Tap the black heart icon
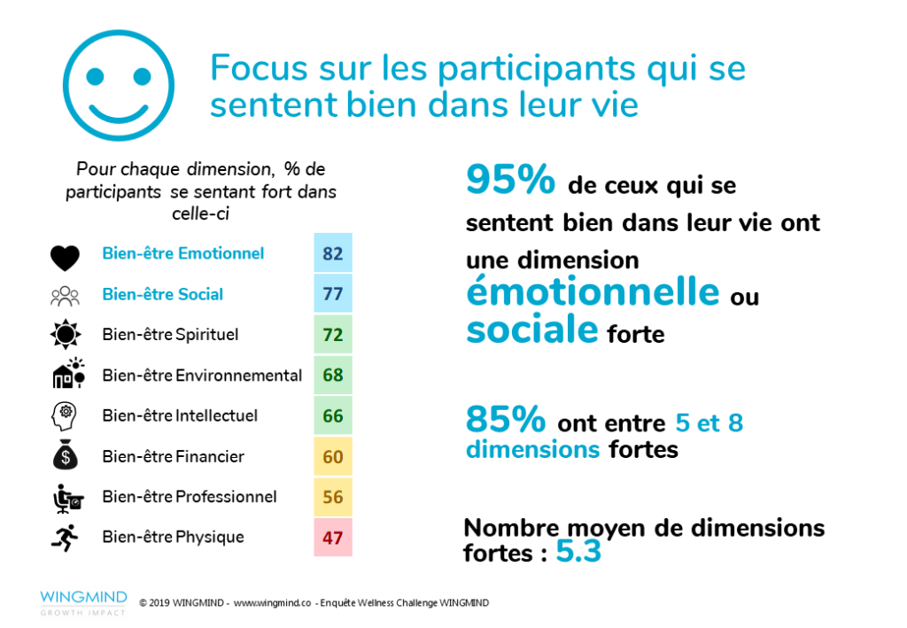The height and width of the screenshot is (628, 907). pyautogui.click(x=66, y=256)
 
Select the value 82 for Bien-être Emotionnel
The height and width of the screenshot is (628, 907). pyautogui.click(x=333, y=254)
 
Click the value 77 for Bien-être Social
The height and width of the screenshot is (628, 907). pyautogui.click(x=333, y=294)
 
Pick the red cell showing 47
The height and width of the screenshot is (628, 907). pyautogui.click(x=333, y=538)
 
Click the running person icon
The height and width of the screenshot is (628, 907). pyautogui.click(x=66, y=538)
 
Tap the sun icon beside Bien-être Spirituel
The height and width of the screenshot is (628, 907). pyautogui.click(x=66, y=336)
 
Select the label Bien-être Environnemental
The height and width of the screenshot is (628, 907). pyautogui.click(x=202, y=376)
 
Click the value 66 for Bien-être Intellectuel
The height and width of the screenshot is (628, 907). pyautogui.click(x=333, y=416)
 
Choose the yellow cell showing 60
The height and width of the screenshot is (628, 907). pyautogui.click(x=333, y=457)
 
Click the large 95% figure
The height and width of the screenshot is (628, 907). pyautogui.click(x=510, y=182)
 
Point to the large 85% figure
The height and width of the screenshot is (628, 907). pyautogui.click(x=507, y=420)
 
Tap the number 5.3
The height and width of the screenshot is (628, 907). pyautogui.click(x=578, y=553)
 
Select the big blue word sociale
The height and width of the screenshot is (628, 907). pyautogui.click(x=532, y=330)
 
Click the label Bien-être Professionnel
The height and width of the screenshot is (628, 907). pyautogui.click(x=190, y=497)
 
